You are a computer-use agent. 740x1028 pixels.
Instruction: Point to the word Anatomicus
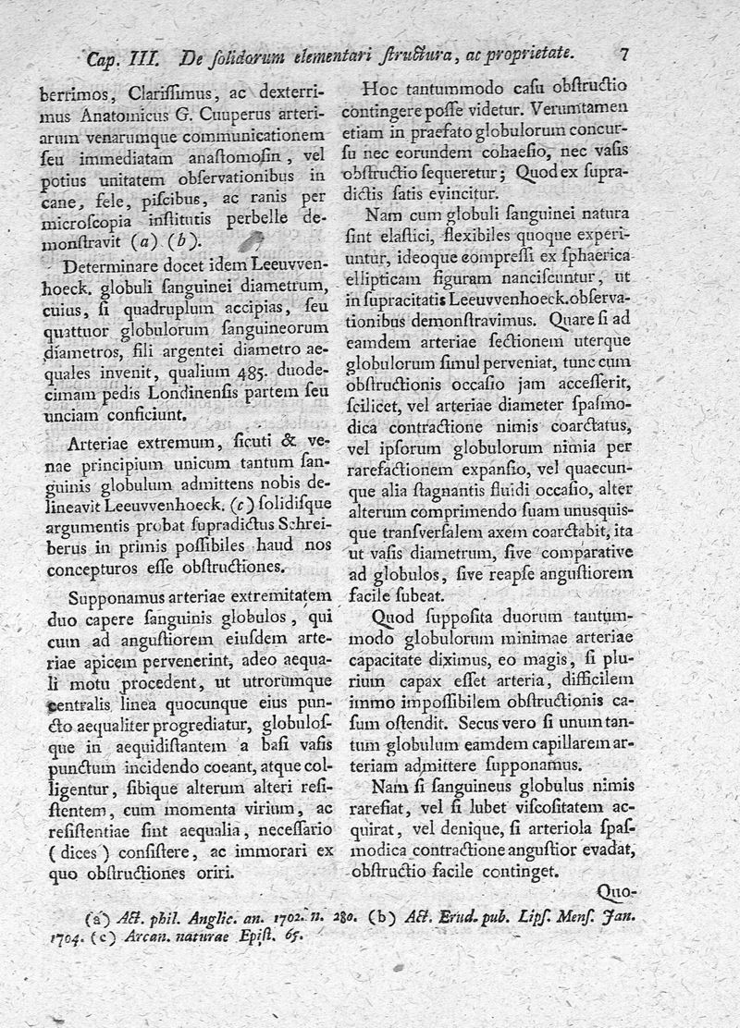(x=121, y=116)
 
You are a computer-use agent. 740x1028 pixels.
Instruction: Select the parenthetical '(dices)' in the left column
(x=73, y=851)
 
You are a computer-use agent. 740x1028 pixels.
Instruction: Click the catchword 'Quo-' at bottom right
(x=618, y=894)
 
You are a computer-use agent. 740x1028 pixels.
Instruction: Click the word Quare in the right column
(x=568, y=321)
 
